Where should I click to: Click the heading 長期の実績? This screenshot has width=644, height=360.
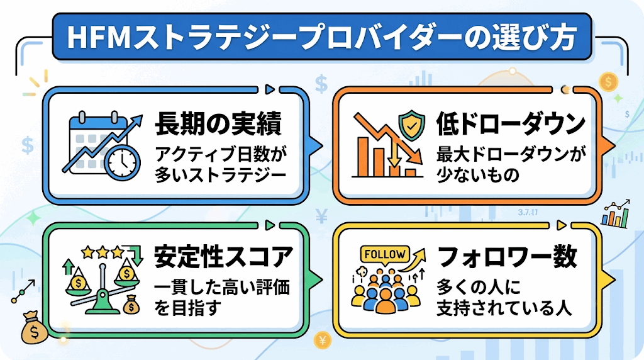point(218,123)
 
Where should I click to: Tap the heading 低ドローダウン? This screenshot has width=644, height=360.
point(511,123)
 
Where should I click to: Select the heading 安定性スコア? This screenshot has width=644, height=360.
point(223,257)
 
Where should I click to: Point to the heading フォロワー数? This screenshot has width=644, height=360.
point(508,257)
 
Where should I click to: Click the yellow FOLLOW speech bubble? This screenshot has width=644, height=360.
point(385,255)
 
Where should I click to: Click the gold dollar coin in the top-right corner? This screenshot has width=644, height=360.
point(608,82)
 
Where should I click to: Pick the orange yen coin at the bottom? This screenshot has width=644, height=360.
point(322,340)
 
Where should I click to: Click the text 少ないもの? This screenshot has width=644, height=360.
point(478,175)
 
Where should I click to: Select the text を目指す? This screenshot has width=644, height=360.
point(187,308)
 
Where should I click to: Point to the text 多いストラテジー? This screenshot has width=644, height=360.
point(220,175)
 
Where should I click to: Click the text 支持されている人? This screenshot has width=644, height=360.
point(504,308)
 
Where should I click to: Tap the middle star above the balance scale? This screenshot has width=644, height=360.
point(103,252)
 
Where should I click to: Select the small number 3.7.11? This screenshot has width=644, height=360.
point(528,213)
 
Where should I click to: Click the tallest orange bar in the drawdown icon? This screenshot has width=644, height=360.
point(363,157)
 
